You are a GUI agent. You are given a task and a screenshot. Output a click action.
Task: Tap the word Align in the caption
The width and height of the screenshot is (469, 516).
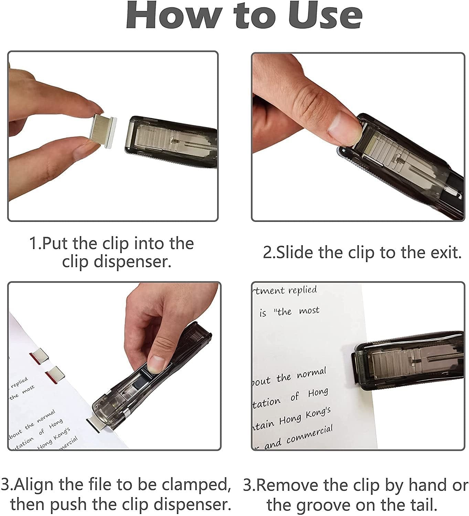click(x=34, y=485)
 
